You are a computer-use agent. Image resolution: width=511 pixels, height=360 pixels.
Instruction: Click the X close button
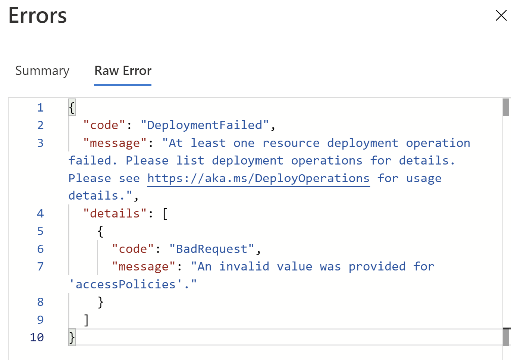tap(501, 15)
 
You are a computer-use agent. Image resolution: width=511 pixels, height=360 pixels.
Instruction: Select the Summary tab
tap(42, 71)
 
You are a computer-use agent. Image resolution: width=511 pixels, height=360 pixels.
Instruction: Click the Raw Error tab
tap(123, 71)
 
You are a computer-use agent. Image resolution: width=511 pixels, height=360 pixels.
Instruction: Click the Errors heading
tap(37, 16)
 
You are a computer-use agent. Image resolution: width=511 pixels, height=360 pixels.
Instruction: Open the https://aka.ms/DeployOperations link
tap(258, 178)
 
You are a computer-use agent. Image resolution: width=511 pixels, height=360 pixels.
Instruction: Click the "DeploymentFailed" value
tap(204, 125)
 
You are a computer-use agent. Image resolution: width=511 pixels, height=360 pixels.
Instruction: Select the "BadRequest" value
tap(211, 249)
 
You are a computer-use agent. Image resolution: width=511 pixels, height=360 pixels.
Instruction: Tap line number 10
tap(37, 337)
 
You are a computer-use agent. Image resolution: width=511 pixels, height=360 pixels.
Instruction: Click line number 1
tap(40, 108)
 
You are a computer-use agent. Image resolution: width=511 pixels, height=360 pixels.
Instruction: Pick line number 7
tap(40, 266)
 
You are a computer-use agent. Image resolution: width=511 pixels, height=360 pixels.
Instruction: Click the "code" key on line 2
tap(104, 125)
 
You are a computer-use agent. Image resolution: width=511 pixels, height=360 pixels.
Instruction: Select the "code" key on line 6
tap(133, 249)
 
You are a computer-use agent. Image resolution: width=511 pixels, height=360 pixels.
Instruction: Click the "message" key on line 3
tap(115, 143)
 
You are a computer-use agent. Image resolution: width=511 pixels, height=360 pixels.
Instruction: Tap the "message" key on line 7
tap(144, 266)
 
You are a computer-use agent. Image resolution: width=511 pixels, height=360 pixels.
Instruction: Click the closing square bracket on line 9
tap(86, 320)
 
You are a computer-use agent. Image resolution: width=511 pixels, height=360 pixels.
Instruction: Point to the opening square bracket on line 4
tap(165, 213)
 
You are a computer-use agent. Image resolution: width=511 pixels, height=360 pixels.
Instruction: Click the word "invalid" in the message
tap(244, 266)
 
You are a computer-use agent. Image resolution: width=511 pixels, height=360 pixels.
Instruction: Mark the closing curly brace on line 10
tap(72, 337)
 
